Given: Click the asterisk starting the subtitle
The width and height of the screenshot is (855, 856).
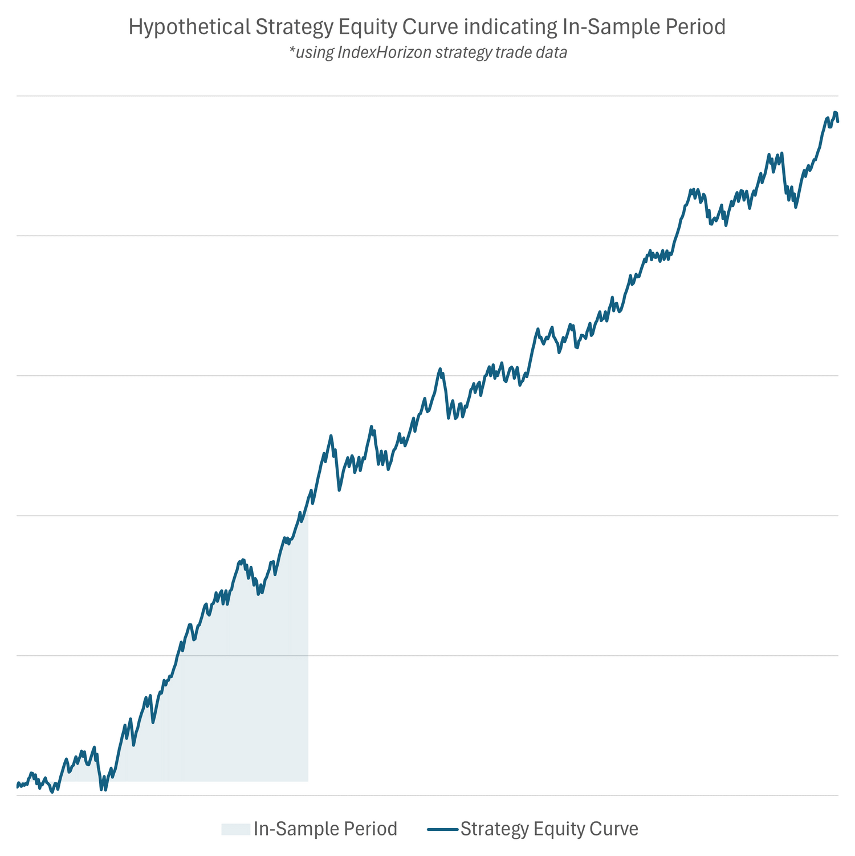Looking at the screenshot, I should pyautogui.click(x=292, y=51).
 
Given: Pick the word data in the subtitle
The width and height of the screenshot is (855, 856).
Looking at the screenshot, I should pyautogui.click(x=551, y=53).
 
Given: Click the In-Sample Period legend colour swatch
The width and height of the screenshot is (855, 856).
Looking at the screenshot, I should pyautogui.click(x=235, y=829).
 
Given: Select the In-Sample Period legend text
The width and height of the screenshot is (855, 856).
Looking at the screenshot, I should pyautogui.click(x=325, y=829).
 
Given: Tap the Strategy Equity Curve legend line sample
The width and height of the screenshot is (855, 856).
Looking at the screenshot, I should pyautogui.click(x=442, y=829).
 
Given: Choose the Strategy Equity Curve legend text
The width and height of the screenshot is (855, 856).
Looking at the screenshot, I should pyautogui.click(x=549, y=829).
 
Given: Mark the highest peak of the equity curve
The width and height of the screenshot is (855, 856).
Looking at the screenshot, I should pyautogui.click(x=835, y=112).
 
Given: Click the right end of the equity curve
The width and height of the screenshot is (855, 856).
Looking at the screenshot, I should pyautogui.click(x=838, y=121).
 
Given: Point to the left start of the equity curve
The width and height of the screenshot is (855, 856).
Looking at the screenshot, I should pyautogui.click(x=17, y=786).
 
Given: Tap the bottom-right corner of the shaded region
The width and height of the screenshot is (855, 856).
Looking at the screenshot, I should pyautogui.click(x=308, y=781).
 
